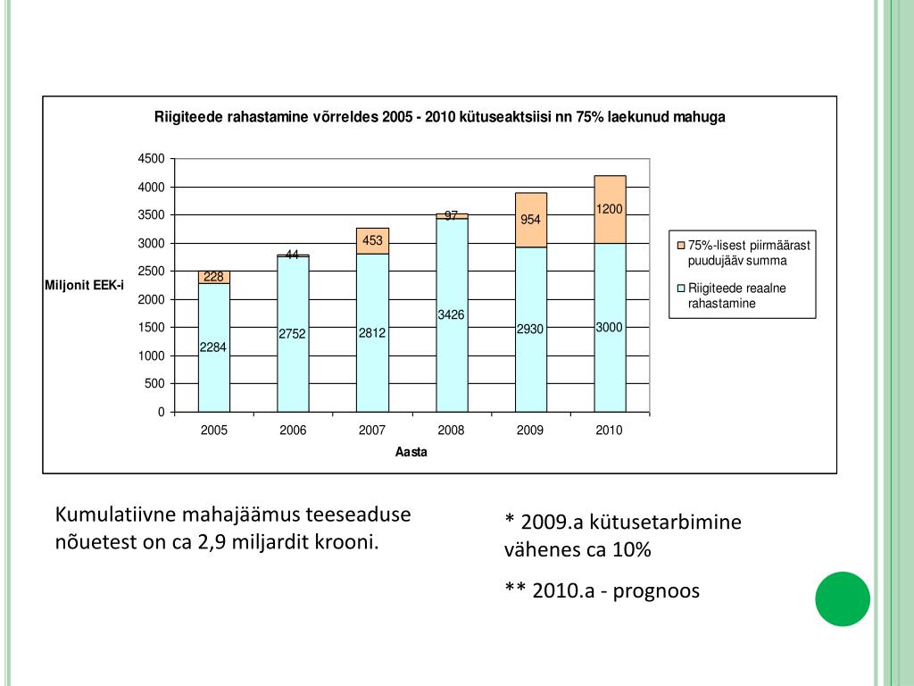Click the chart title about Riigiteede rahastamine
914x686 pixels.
[439, 117]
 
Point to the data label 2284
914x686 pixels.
[212, 347]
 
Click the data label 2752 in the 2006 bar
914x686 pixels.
[292, 334]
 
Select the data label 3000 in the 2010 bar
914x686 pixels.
[609, 328]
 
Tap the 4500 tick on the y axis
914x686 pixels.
[151, 159]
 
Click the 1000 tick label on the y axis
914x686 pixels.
[151, 356]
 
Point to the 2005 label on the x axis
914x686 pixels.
[214, 431]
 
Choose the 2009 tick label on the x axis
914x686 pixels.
[530, 431]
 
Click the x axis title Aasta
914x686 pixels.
[411, 452]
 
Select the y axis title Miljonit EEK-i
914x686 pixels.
[85, 285]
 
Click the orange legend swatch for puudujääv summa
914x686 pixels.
[681, 245]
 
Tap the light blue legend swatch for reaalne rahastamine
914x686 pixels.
[681, 289]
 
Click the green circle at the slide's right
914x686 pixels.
[842, 598]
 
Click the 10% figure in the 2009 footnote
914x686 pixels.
[632, 550]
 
